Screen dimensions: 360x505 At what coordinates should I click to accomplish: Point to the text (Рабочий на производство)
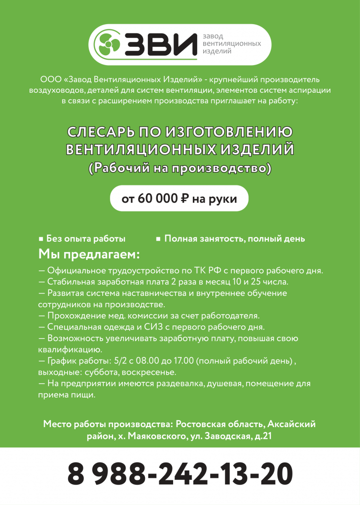pyautogui.click(x=180, y=168)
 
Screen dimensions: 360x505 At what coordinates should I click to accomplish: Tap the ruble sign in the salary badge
pyautogui.click(x=185, y=199)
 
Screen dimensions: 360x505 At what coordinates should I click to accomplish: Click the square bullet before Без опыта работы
pyautogui.click(x=41, y=239)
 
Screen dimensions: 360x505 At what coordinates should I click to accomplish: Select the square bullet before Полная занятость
pyautogui.click(x=158, y=239)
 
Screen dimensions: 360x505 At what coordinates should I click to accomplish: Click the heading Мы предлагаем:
pyautogui.click(x=89, y=254)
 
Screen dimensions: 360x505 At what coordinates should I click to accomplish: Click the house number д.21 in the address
pyautogui.click(x=261, y=436)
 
